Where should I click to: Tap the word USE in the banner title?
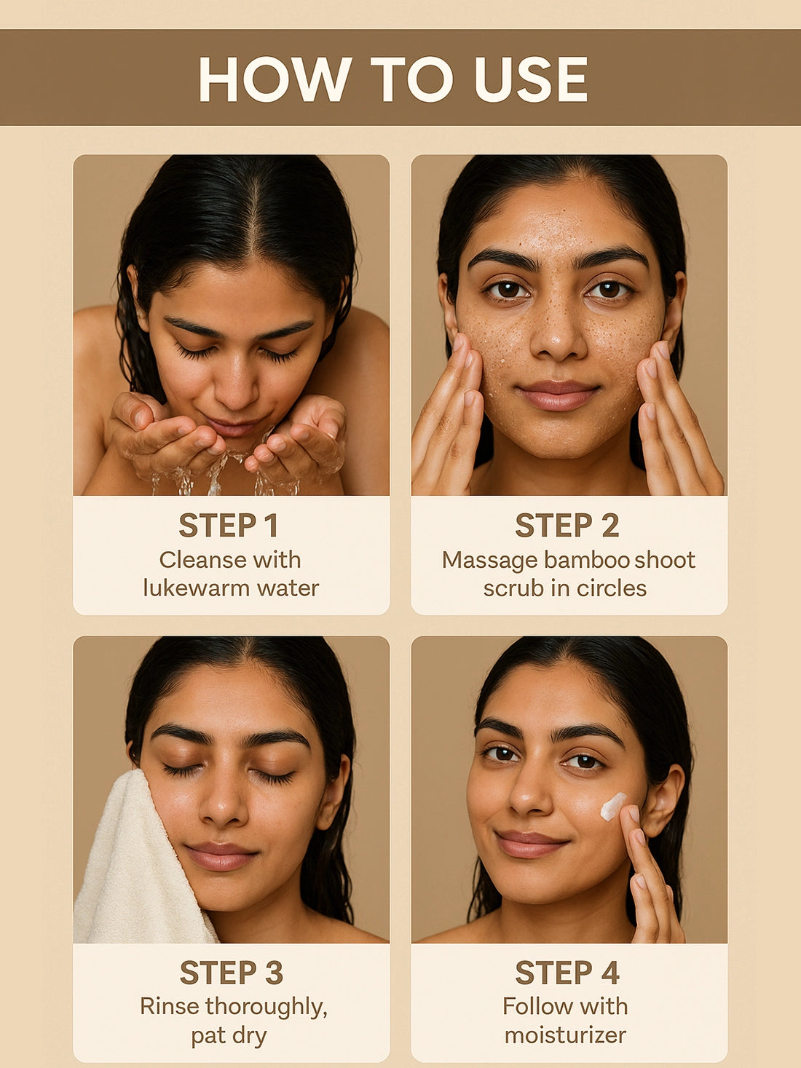[532, 79]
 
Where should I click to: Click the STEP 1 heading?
[229, 526]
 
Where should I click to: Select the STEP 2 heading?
[567, 526]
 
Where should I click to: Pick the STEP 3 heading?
[232, 973]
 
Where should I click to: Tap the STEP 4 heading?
[567, 973]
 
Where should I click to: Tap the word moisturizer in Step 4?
[566, 1035]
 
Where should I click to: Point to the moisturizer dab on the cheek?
[612, 806]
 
